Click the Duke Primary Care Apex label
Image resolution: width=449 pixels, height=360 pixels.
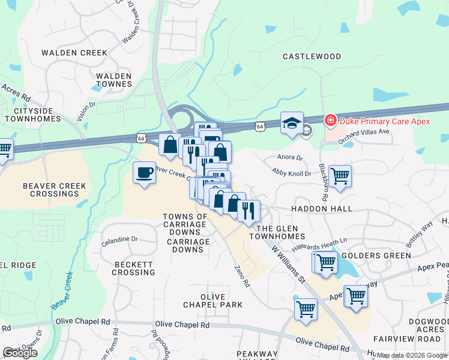click(x=385, y=121)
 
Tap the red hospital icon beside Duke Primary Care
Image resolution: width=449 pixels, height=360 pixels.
click(x=330, y=121)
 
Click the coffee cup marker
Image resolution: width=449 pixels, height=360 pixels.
click(x=144, y=173)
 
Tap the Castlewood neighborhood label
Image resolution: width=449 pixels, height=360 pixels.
click(x=312, y=56)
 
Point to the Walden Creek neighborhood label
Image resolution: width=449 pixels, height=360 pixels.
click(x=74, y=53)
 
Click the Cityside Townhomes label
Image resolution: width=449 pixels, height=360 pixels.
click(x=33, y=115)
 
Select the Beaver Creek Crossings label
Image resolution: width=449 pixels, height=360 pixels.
click(x=55, y=190)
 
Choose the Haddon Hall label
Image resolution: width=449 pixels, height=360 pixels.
click(x=321, y=209)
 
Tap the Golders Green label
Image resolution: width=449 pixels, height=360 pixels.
click(x=376, y=256)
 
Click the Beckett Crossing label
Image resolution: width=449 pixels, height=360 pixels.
click(x=133, y=268)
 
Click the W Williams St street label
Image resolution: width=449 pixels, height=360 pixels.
click(x=289, y=263)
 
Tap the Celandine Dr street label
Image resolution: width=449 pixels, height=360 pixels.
click(x=119, y=239)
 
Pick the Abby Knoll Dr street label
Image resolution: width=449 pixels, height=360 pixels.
click(x=292, y=173)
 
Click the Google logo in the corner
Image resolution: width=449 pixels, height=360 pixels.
click(x=20, y=353)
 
